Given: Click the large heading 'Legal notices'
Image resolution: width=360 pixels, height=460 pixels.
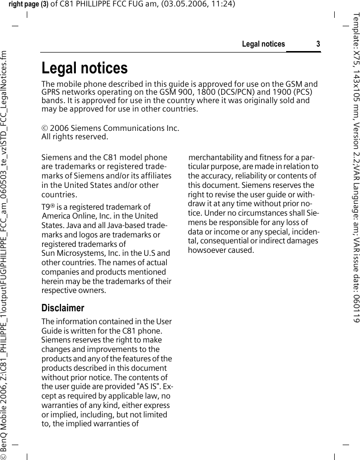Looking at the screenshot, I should tap(84, 68).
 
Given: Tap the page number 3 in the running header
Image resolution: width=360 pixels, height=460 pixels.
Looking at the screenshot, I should tap(318, 45).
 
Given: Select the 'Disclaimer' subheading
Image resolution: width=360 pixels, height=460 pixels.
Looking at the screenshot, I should tap(63, 308).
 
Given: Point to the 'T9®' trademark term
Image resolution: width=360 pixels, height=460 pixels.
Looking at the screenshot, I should tap(48, 207).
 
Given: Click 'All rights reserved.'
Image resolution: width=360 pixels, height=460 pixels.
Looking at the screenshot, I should tap(74, 136).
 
